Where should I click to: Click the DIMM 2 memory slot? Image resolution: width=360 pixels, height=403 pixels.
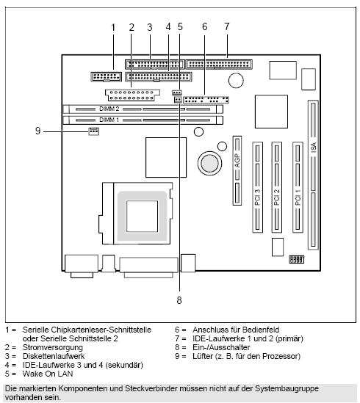pyautogui.click(x=143, y=108)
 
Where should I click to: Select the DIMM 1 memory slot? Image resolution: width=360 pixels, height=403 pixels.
pyautogui.click(x=143, y=118)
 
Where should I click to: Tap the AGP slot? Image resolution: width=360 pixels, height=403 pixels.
pyautogui.click(x=238, y=170)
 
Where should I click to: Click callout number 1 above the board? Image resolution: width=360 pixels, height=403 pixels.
pyautogui.click(x=113, y=27)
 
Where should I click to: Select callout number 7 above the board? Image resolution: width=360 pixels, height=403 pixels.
pyautogui.click(x=226, y=27)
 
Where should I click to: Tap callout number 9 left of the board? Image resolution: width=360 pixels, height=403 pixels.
pyautogui.click(x=37, y=131)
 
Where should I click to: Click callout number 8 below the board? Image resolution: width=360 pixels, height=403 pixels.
pyautogui.click(x=179, y=299)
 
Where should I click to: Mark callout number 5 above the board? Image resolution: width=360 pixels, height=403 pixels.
pyautogui.click(x=179, y=27)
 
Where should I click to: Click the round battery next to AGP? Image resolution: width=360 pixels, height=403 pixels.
pyautogui.click(x=207, y=161)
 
